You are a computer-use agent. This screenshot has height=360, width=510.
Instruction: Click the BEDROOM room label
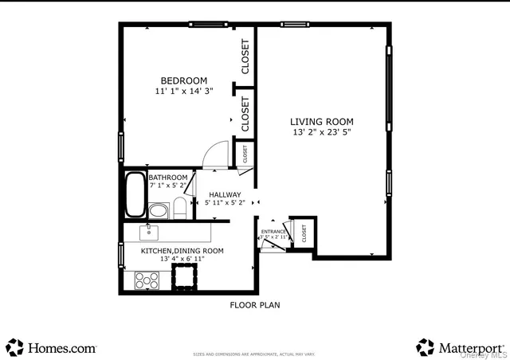pyautogui.click(x=183, y=80)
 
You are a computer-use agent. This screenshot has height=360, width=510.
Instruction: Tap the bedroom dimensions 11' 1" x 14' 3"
pyautogui.click(x=183, y=91)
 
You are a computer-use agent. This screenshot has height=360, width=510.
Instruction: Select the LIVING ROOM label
pyautogui.click(x=322, y=122)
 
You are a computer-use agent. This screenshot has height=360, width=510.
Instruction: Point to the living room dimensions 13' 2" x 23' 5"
pyautogui.click(x=322, y=132)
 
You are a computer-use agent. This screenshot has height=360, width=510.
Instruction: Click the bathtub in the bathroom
pyautogui.click(x=135, y=194)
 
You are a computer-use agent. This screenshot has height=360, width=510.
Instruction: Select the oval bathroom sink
pyautogui.click(x=159, y=211)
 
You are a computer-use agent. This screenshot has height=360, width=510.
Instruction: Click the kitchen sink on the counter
pyautogui.click(x=148, y=232)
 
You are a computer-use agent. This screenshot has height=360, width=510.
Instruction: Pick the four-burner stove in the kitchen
pyautogui.click(x=147, y=280)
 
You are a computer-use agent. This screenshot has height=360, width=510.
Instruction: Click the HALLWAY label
pyautogui.click(x=225, y=194)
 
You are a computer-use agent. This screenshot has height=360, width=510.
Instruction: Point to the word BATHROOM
pyautogui.click(x=167, y=177)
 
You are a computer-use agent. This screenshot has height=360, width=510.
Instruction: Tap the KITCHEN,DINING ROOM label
pyautogui.click(x=182, y=250)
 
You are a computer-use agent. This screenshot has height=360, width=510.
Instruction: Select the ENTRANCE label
pyautogui.click(x=273, y=231)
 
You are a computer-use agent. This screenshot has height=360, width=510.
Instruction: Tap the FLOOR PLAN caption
pyautogui.click(x=254, y=305)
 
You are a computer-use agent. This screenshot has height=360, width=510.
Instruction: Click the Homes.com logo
pyautogui.click(x=51, y=347)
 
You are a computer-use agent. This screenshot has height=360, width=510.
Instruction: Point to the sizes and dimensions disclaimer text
pyautogui.click(x=254, y=354)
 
